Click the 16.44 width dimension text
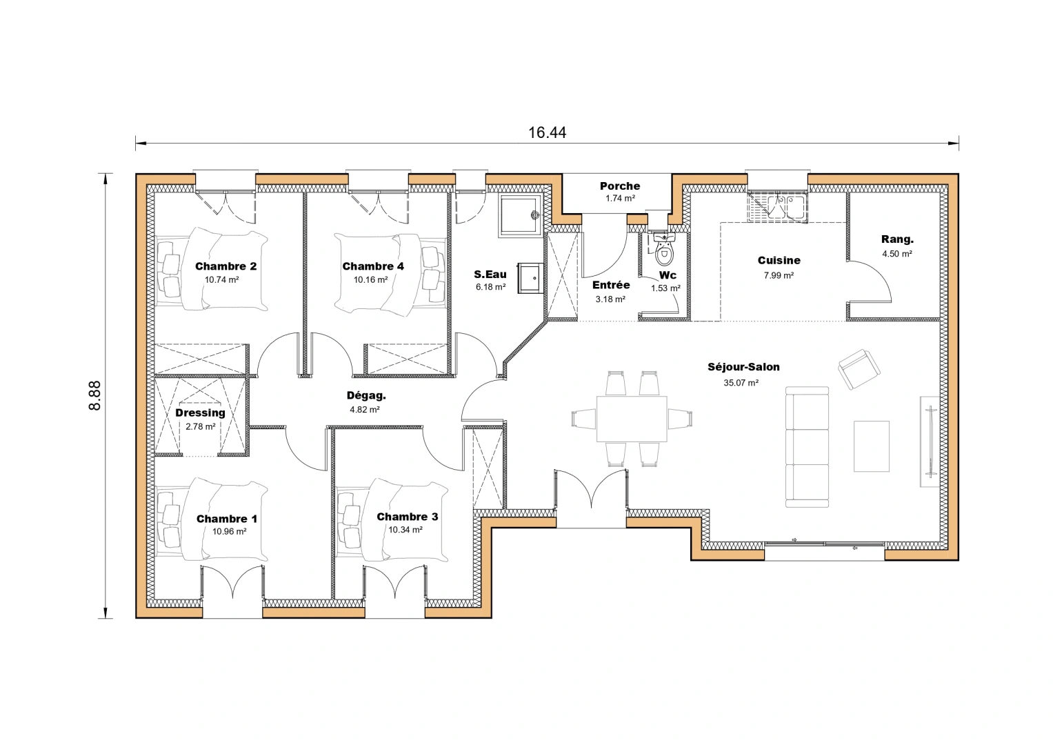[547, 132]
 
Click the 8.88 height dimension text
[95, 396]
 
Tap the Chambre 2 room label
[225, 266]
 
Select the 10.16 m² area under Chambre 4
[370, 280]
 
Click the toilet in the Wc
[663, 252]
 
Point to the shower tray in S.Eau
[521, 215]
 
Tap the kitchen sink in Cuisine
[777, 206]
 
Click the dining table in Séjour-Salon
[631, 419]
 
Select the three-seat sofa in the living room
[807, 446]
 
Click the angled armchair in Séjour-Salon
[859, 368]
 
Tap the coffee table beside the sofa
[871, 446]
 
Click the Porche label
[619, 186]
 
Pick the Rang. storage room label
[896, 239]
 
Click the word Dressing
[200, 413]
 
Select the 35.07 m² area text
[741, 383]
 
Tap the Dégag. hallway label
[365, 396]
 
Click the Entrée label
[610, 285]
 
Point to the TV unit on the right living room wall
[928, 441]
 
